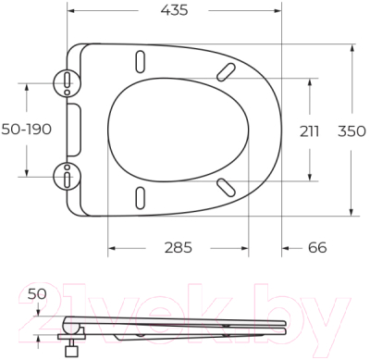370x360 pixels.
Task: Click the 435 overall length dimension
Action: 174,11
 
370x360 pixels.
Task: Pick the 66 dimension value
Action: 316,248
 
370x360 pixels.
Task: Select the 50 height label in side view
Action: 37,294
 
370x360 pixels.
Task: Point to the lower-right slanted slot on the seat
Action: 225,187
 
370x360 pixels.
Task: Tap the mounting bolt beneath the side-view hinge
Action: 69,349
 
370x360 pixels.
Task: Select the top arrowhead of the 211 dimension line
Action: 310,81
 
